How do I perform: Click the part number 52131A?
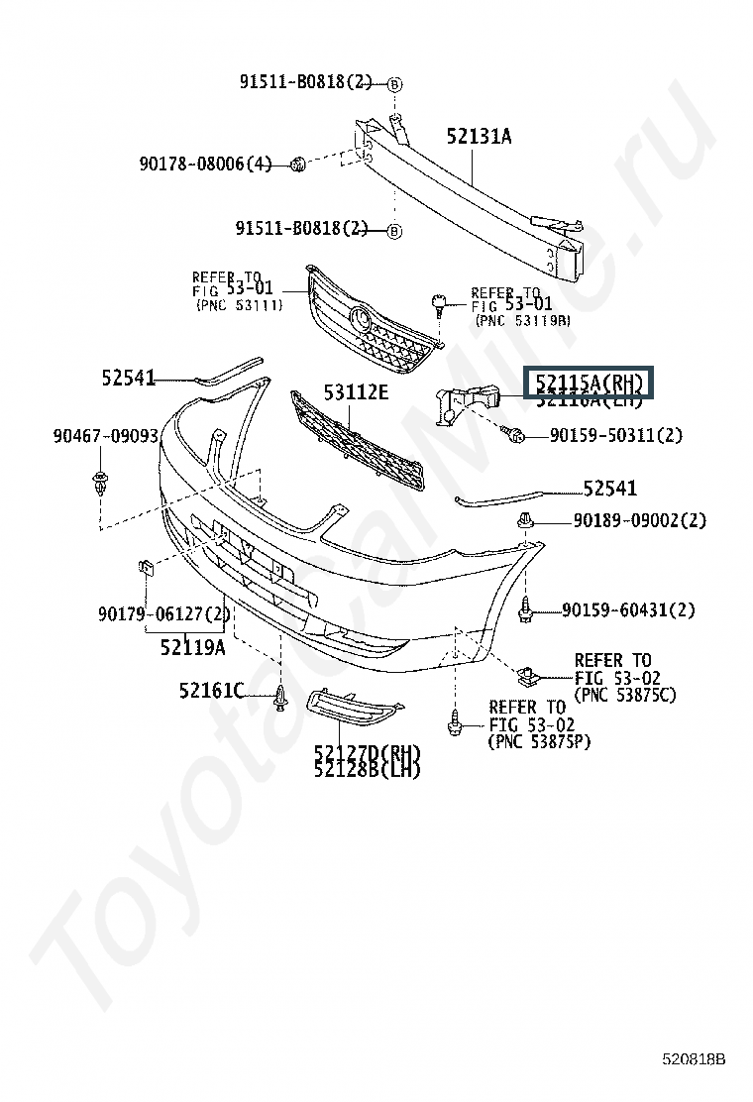pyautogui.click(x=479, y=137)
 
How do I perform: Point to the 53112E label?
pyautogui.click(x=356, y=392)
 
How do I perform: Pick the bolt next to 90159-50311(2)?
pyautogui.click(x=515, y=433)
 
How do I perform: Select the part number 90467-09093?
pyautogui.click(x=106, y=435)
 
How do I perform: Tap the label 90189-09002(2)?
pyautogui.click(x=639, y=520)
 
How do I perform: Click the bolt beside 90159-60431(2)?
pyautogui.click(x=525, y=610)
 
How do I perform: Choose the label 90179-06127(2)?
pyautogui.click(x=164, y=615)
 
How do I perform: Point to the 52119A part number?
pyautogui.click(x=192, y=647)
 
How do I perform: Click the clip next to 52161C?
pyautogui.click(x=282, y=700)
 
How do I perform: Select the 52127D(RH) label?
pyautogui.click(x=367, y=751)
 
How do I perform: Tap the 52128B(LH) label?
pyautogui.click(x=367, y=769)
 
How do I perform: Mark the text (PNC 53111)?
pyautogui.click(x=239, y=305)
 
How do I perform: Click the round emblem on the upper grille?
pyautogui.click(x=361, y=319)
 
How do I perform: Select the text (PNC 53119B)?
pyautogui.click(x=523, y=321)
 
